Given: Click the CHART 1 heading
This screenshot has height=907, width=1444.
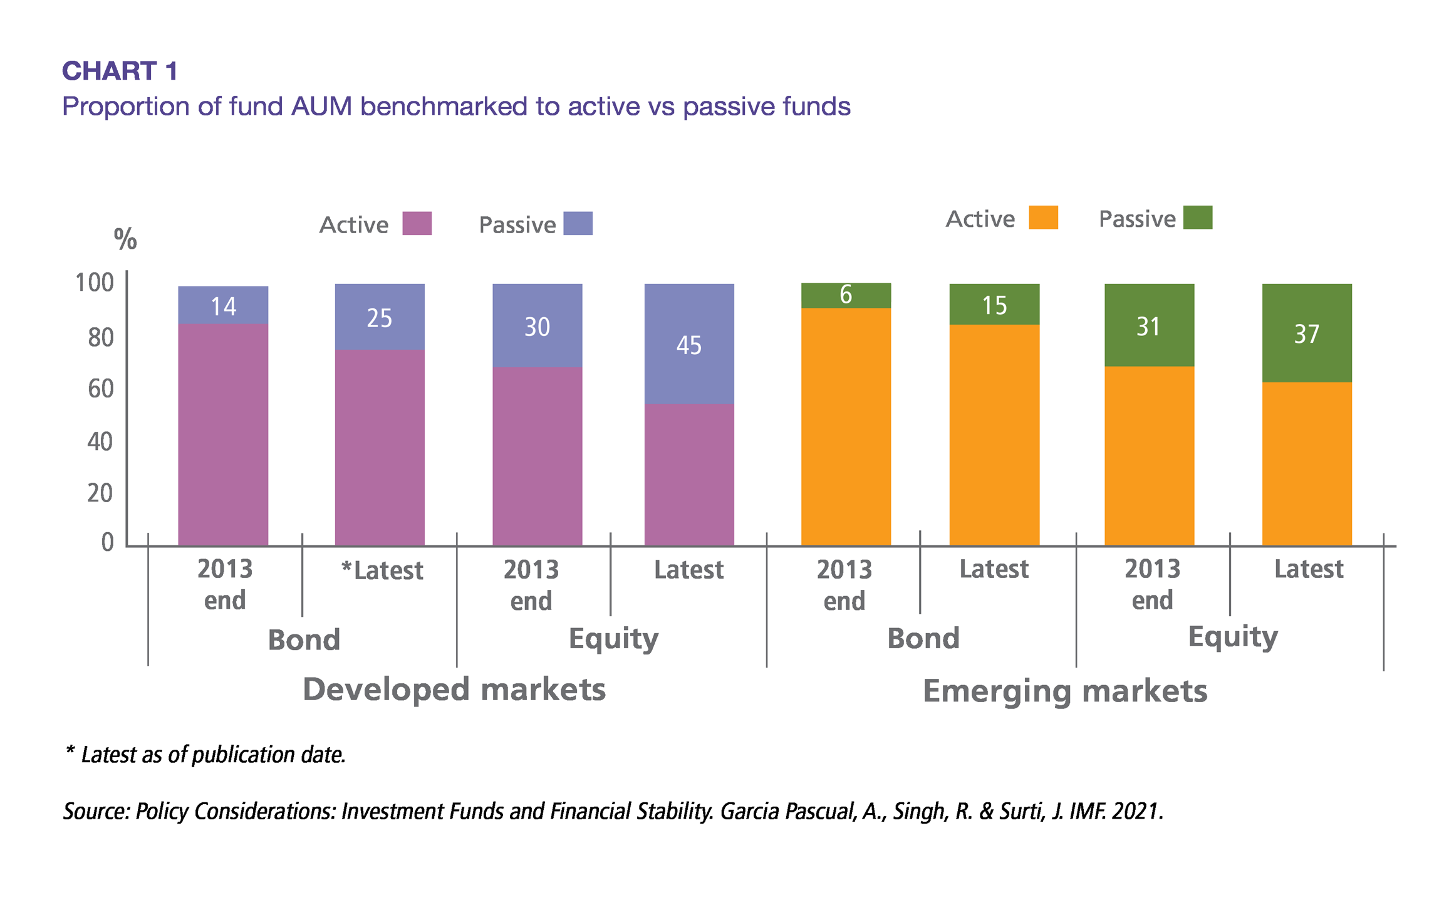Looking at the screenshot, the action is point(120,71).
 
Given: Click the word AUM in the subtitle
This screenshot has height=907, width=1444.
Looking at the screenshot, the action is point(322,107).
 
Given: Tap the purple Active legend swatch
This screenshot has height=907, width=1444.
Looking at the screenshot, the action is point(417,223).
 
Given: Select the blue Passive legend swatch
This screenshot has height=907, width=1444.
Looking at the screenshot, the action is point(578,223).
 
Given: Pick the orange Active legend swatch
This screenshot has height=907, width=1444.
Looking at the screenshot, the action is point(1043,218).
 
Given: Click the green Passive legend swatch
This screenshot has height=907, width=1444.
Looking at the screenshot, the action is point(1198,218).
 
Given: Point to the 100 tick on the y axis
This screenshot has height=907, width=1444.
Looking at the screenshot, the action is point(95,283).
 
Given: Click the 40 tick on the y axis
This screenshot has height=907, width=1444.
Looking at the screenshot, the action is point(100,442).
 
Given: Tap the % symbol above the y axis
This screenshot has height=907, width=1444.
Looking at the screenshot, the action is point(125,239).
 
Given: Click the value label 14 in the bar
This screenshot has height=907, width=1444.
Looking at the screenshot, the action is point(224,307).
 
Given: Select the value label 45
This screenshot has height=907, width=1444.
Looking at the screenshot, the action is point(689,345).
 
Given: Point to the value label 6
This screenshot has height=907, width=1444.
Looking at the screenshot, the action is point(846,295).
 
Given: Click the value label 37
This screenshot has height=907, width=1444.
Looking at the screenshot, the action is point(1307,334).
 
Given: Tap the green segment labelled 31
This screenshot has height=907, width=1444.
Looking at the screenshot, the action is point(1149,325).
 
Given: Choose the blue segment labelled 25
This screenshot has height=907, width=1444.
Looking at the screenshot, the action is point(380,317).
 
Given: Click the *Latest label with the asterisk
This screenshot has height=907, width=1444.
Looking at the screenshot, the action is point(382,570).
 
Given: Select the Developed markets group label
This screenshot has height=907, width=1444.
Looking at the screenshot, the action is point(454,689).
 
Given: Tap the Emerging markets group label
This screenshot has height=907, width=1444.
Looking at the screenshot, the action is point(1065,691).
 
